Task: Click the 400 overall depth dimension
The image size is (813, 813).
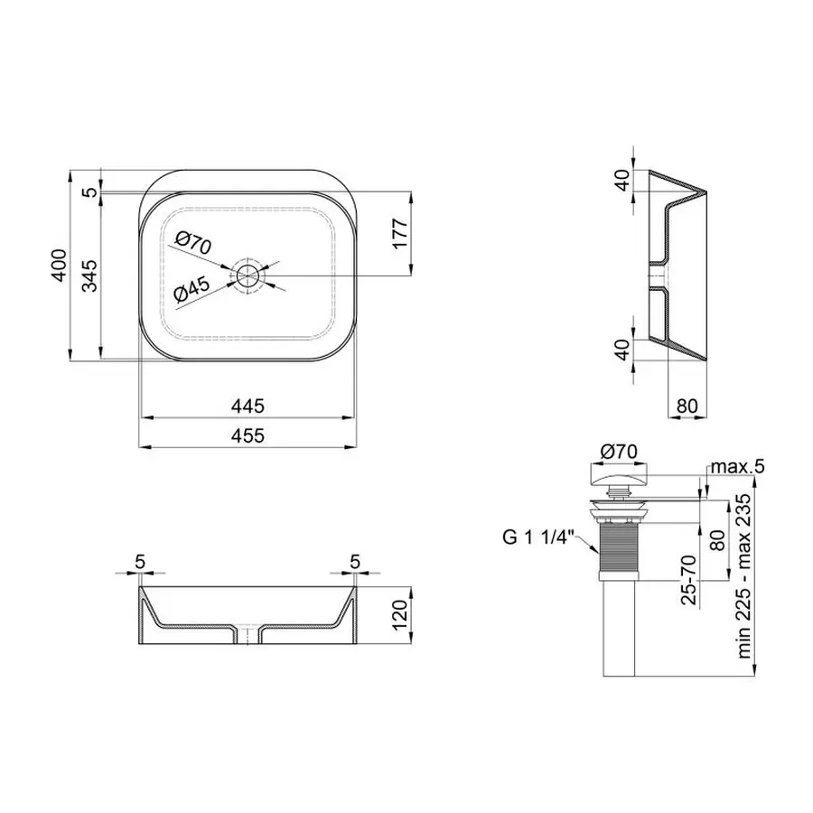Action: [x=59, y=265]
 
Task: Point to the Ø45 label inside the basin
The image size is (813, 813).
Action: [x=192, y=290]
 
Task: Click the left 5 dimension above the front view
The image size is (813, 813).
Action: [x=140, y=561]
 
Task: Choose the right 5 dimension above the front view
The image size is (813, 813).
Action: [x=354, y=561]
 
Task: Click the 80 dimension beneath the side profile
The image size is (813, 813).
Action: [x=687, y=406]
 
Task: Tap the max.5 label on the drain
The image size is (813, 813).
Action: [x=737, y=467]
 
